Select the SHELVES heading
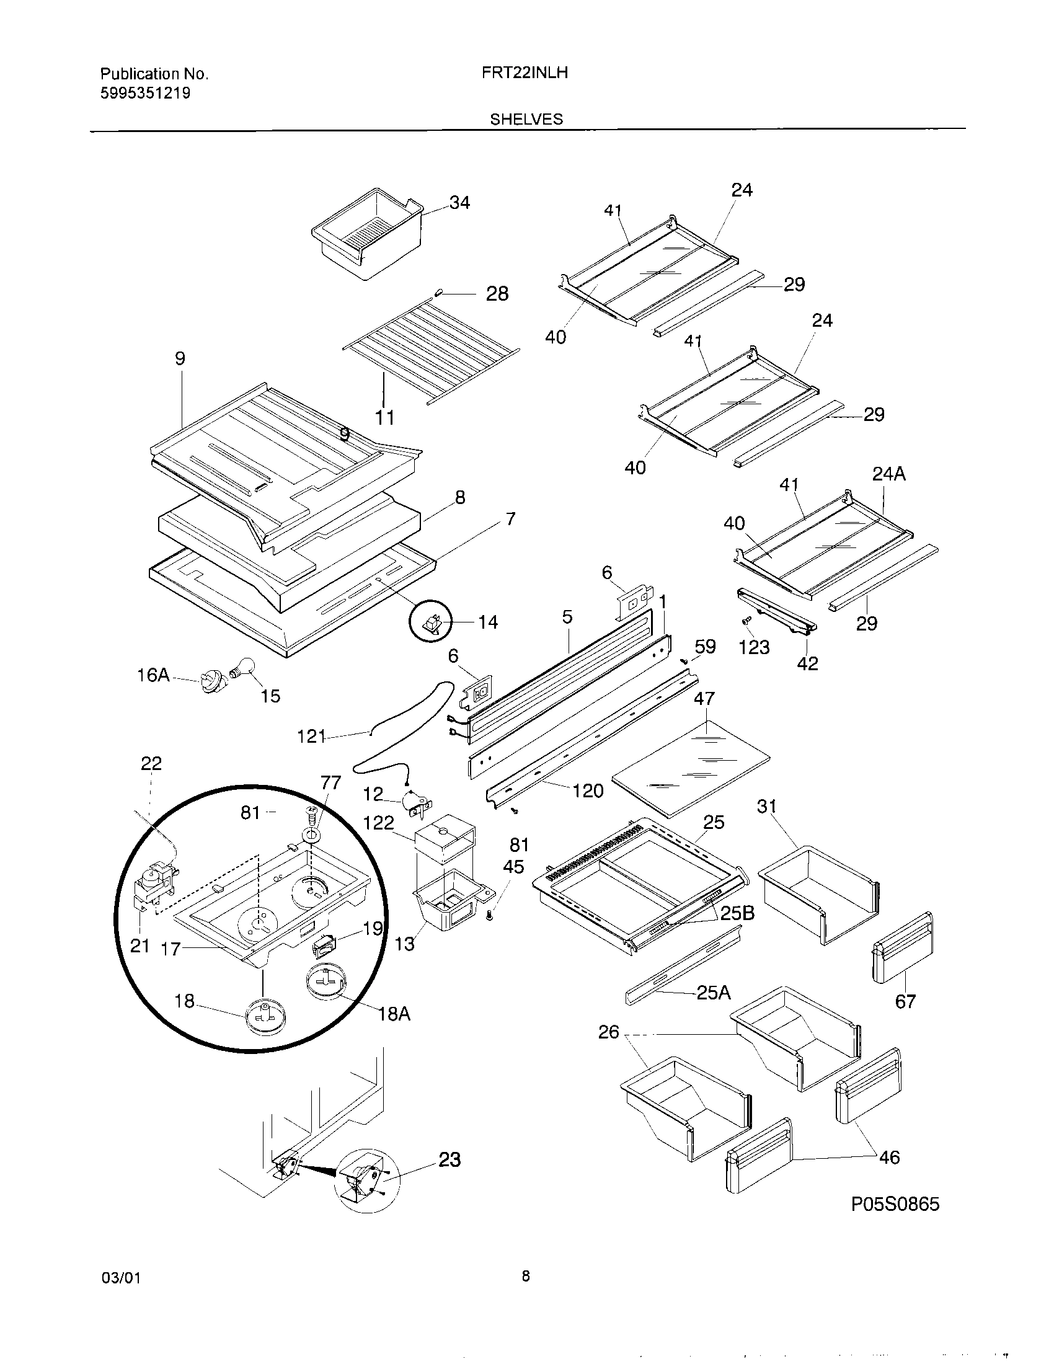pos(526,119)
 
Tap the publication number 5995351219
pos(146,94)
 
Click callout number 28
pos(497,293)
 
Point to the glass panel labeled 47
pos(690,768)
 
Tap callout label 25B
pos(737,913)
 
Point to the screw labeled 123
pos(744,621)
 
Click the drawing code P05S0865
pos(895,1203)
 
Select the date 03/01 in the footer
pos(120,1278)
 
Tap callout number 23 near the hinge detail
pos(449,1160)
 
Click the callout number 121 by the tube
pos(312,737)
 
